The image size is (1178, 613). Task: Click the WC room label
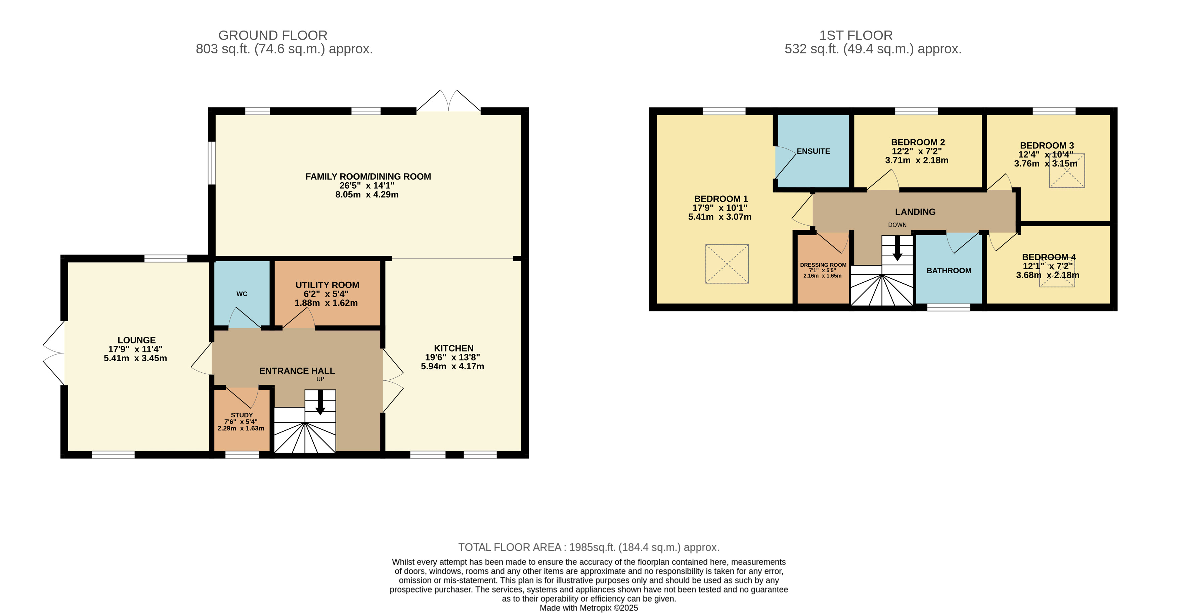pos(242,294)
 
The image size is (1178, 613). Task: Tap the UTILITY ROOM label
pos(328,285)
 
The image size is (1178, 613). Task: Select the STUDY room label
pos(242,415)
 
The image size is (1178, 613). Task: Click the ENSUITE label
pos(813,151)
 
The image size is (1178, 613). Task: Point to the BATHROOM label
pos(949,271)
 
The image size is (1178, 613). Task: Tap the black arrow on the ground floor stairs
pos(320,402)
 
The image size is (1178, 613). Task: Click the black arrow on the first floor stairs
pos(898,248)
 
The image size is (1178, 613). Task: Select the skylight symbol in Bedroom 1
pos(727,264)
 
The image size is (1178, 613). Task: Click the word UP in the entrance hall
pos(320,379)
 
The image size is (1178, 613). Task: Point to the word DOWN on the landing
pos(897,225)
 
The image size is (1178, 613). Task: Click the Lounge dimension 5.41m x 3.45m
pos(135,359)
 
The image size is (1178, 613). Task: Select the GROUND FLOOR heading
pos(273,35)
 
